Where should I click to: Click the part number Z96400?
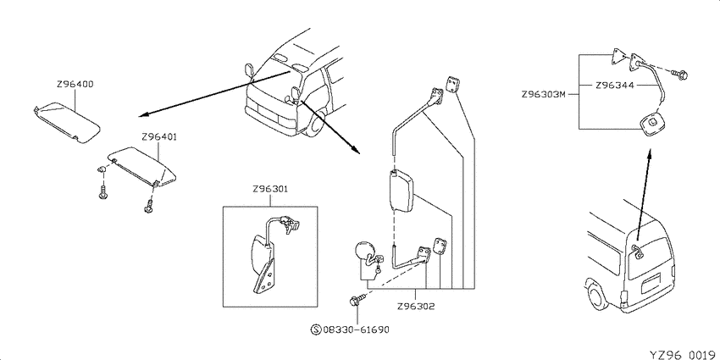click(75, 85)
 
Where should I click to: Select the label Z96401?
click(160, 137)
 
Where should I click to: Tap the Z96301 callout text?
click(270, 189)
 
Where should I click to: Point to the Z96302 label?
click(416, 307)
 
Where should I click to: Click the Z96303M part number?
click(543, 95)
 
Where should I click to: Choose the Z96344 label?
click(614, 85)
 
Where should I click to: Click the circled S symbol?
click(316, 330)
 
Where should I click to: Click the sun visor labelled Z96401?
click(142, 166)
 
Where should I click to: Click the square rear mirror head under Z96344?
click(651, 125)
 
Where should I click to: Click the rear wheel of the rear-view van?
click(596, 297)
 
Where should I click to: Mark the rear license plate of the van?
click(651, 282)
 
